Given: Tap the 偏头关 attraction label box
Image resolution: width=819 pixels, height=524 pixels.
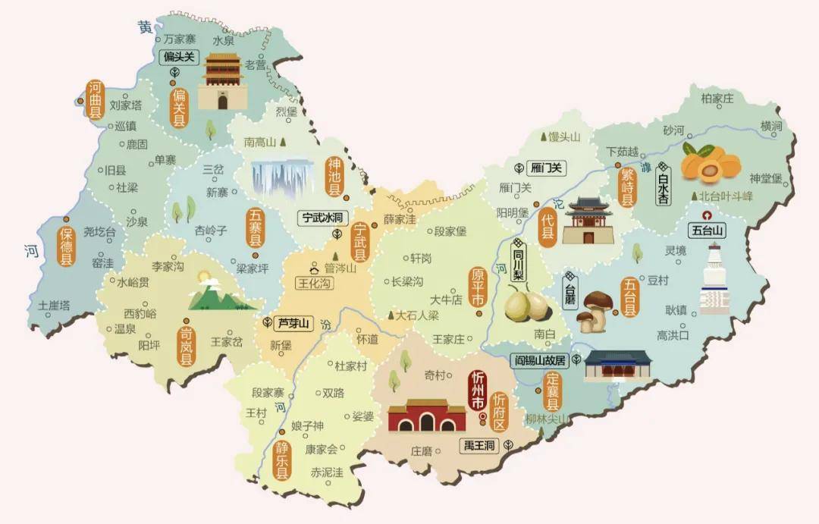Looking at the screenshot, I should point(179,57).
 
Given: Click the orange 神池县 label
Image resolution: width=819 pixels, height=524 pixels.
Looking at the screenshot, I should point(334,177).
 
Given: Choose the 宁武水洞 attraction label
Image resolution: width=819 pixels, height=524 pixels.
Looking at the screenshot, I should point(323,218).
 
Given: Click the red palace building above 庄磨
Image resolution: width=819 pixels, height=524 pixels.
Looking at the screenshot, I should point(427,416).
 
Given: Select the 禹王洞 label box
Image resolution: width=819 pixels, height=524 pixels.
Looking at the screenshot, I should point(479,445).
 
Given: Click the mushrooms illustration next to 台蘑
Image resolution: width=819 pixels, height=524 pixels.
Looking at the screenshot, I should point(594,311).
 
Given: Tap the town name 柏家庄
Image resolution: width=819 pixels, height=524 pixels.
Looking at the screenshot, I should point(717,98).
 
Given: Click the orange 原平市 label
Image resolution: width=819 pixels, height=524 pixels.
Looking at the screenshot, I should point(478,287).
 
